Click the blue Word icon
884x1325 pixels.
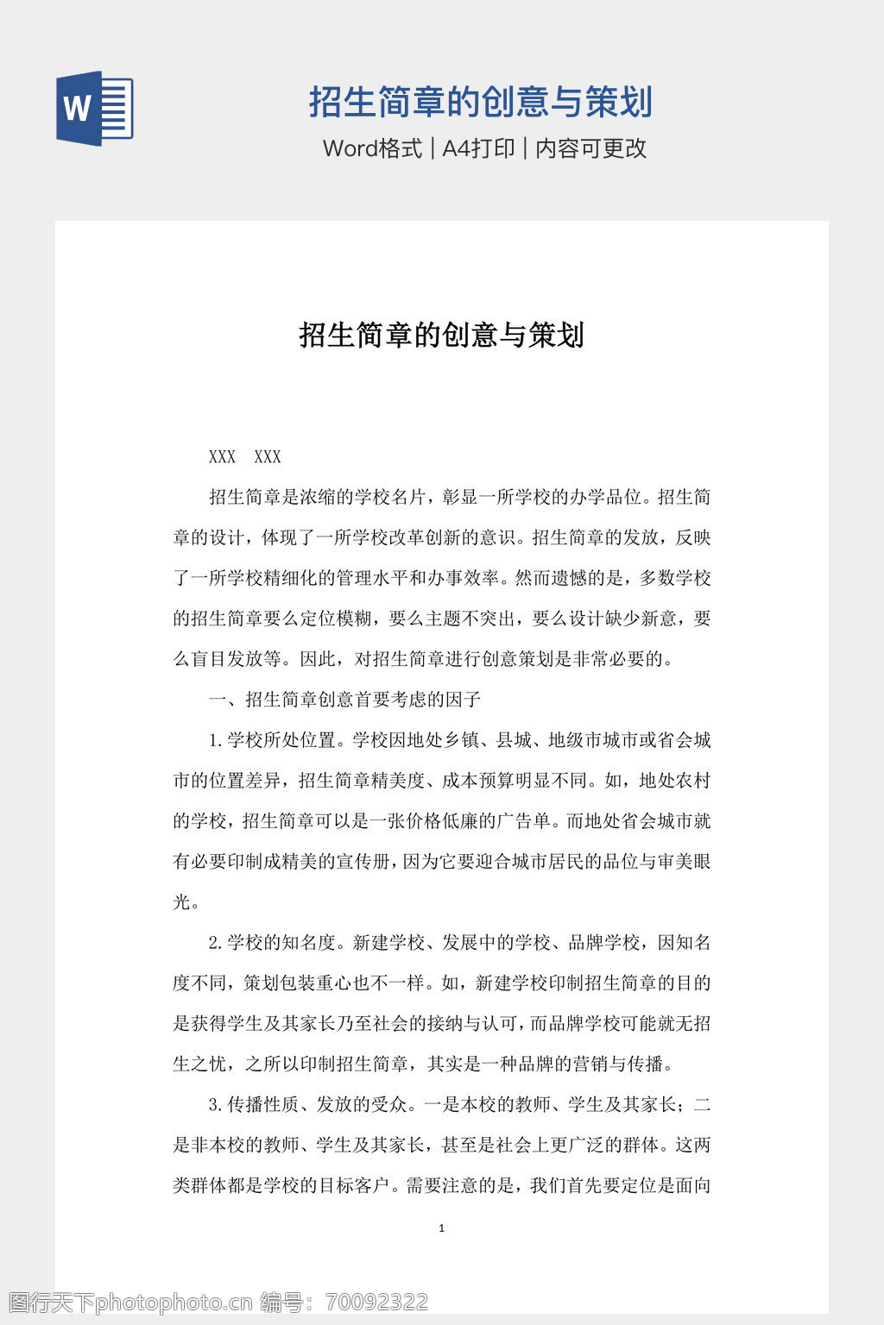click(x=94, y=108)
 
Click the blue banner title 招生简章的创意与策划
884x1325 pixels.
click(x=480, y=102)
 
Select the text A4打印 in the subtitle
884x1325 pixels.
click(x=478, y=148)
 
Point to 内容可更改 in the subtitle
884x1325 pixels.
click(x=591, y=148)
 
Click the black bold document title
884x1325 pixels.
click(x=441, y=335)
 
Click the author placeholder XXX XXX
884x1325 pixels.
click(x=245, y=457)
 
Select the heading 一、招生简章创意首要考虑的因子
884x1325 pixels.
click(x=344, y=700)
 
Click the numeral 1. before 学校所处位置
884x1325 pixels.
click(x=216, y=740)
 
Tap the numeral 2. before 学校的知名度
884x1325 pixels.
click(x=216, y=943)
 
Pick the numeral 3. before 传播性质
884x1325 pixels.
click(x=216, y=1105)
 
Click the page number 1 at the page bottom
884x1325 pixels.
click(x=442, y=1228)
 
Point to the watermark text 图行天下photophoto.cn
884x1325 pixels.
click(x=129, y=1302)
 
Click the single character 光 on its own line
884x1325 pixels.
click(x=182, y=902)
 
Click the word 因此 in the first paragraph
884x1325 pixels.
click(x=317, y=659)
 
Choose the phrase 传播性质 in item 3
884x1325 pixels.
click(x=262, y=1105)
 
